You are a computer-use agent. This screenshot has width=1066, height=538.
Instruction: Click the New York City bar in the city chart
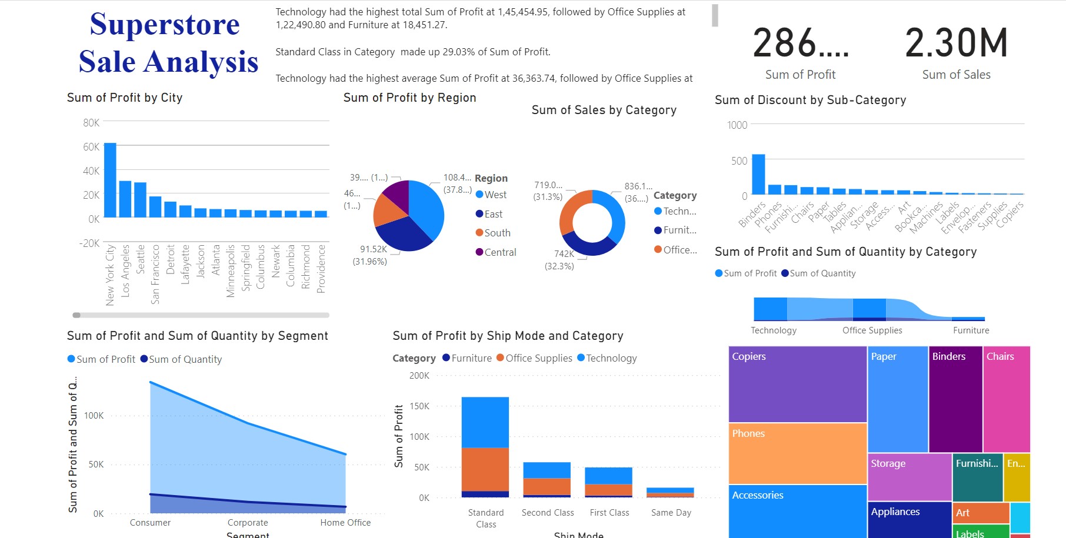pos(110,180)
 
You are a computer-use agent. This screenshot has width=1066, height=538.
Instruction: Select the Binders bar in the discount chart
pos(758,174)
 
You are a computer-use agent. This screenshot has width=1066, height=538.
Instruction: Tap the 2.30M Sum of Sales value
pos(956,44)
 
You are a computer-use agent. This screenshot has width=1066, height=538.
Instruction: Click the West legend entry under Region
pos(495,195)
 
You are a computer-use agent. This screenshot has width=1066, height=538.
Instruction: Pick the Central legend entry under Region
pos(499,252)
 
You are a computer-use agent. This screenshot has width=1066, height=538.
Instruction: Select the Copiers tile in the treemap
pos(797,384)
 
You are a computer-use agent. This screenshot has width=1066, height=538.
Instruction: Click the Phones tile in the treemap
pos(797,453)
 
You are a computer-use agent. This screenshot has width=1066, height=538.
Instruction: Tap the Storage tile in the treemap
pos(909,476)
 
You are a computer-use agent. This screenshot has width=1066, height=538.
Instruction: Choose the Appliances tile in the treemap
pos(909,519)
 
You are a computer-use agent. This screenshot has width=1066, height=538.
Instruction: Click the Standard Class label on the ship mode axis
pos(486,518)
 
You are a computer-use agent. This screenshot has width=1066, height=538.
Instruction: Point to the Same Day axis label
pos(671,513)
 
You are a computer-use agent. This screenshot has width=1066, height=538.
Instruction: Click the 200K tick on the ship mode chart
pos(419,376)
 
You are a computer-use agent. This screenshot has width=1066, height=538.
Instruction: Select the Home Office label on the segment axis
pos(345,523)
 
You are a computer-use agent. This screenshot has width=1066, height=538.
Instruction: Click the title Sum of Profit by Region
pos(409,98)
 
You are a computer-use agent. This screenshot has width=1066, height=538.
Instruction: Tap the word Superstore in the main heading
pos(165,25)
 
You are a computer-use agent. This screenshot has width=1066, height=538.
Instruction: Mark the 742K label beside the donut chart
pos(564,254)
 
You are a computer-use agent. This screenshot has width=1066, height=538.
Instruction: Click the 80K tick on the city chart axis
pos(91,123)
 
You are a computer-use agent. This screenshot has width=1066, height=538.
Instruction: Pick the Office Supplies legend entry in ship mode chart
pos(538,358)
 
